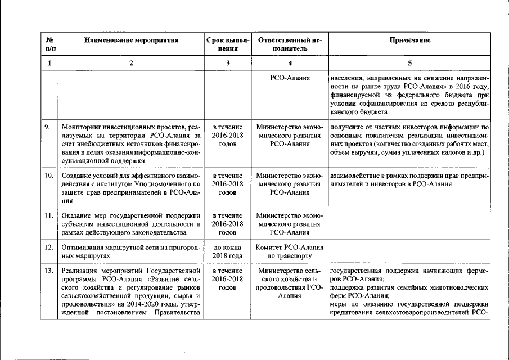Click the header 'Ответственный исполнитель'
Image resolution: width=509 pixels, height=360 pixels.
[290, 44]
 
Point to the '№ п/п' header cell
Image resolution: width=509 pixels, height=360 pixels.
[49, 44]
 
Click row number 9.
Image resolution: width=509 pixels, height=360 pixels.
[49, 127]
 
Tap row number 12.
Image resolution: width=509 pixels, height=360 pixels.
[49, 247]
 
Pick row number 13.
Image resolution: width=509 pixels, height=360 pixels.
[49, 272]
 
